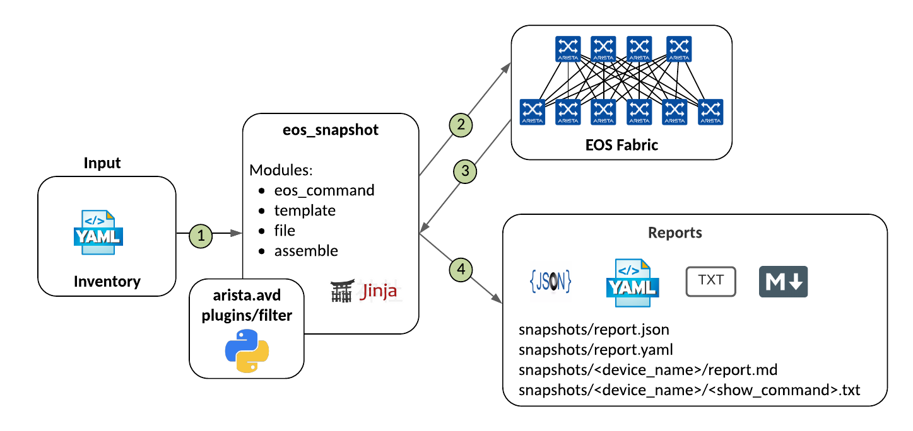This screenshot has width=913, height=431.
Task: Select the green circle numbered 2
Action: click(x=461, y=125)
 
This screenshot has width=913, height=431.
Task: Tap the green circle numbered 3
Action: click(x=465, y=171)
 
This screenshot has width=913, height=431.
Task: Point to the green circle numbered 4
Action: click(x=461, y=270)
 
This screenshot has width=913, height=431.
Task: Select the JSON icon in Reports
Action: click(x=550, y=282)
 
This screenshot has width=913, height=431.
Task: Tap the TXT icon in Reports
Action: click(x=710, y=281)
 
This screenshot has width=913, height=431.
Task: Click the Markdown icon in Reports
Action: click(x=783, y=282)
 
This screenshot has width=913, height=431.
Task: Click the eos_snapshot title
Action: click(x=330, y=132)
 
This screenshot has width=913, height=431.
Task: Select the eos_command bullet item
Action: click(x=324, y=190)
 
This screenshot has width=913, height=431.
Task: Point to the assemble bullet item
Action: click(x=306, y=251)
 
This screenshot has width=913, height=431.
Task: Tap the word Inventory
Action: click(x=107, y=281)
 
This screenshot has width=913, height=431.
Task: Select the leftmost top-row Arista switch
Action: click(x=568, y=49)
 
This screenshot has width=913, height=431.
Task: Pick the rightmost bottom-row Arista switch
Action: click(x=710, y=112)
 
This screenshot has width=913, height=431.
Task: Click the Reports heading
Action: click(x=674, y=233)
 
